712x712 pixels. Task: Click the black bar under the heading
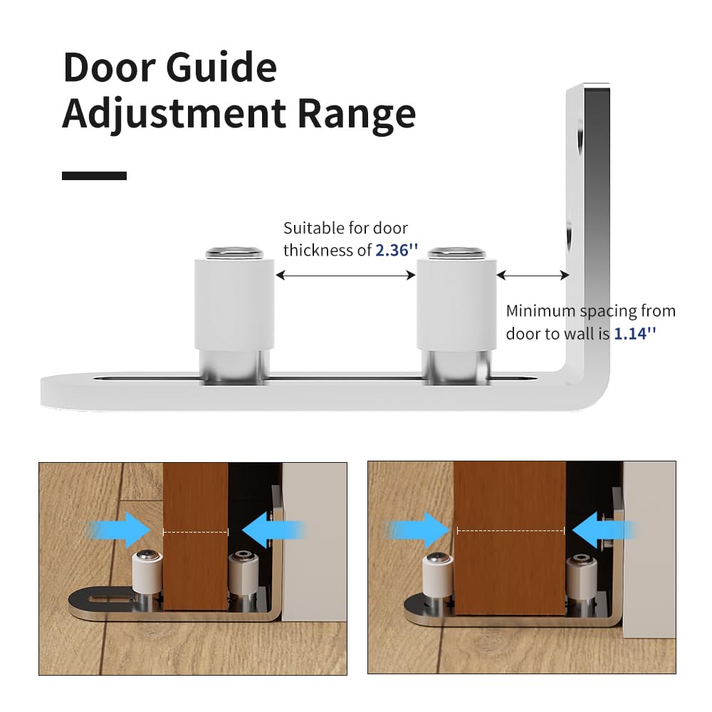(94, 175)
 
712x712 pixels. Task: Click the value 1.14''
(634, 333)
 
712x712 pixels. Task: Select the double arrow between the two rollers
(345, 275)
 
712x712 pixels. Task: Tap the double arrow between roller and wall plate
(533, 275)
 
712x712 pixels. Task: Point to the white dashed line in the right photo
(511, 530)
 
